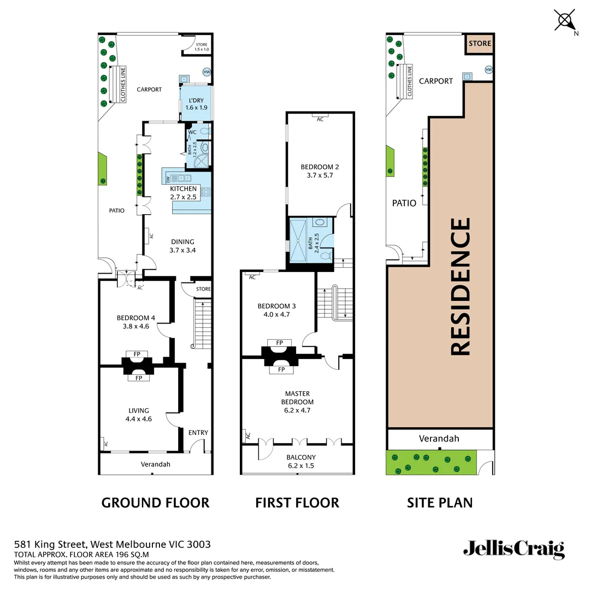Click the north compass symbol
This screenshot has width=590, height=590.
pyautogui.click(x=564, y=21)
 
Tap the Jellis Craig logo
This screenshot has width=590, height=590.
pyautogui.click(x=514, y=549)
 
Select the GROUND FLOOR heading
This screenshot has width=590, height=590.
pyautogui.click(x=155, y=503)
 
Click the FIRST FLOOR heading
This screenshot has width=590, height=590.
pyautogui.click(x=297, y=503)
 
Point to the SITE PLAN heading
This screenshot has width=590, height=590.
pyautogui.click(x=440, y=503)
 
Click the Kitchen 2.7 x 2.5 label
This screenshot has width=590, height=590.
pyautogui.click(x=183, y=193)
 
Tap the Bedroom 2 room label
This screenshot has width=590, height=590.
pyautogui.click(x=320, y=172)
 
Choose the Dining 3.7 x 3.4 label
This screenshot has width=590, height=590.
pyautogui.click(x=182, y=246)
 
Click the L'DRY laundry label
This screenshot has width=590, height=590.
pyautogui.click(x=197, y=104)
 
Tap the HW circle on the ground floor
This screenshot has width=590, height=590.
pyautogui.click(x=206, y=72)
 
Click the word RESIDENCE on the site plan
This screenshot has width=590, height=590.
pyautogui.click(x=460, y=287)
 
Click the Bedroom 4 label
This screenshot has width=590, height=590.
pyautogui.click(x=135, y=322)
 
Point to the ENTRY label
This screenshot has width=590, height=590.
pyautogui.click(x=198, y=433)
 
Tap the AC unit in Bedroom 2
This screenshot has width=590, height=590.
pyautogui.click(x=320, y=119)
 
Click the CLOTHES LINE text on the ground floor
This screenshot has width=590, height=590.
pyautogui.click(x=123, y=84)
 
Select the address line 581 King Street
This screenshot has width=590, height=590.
pyautogui.click(x=112, y=544)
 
